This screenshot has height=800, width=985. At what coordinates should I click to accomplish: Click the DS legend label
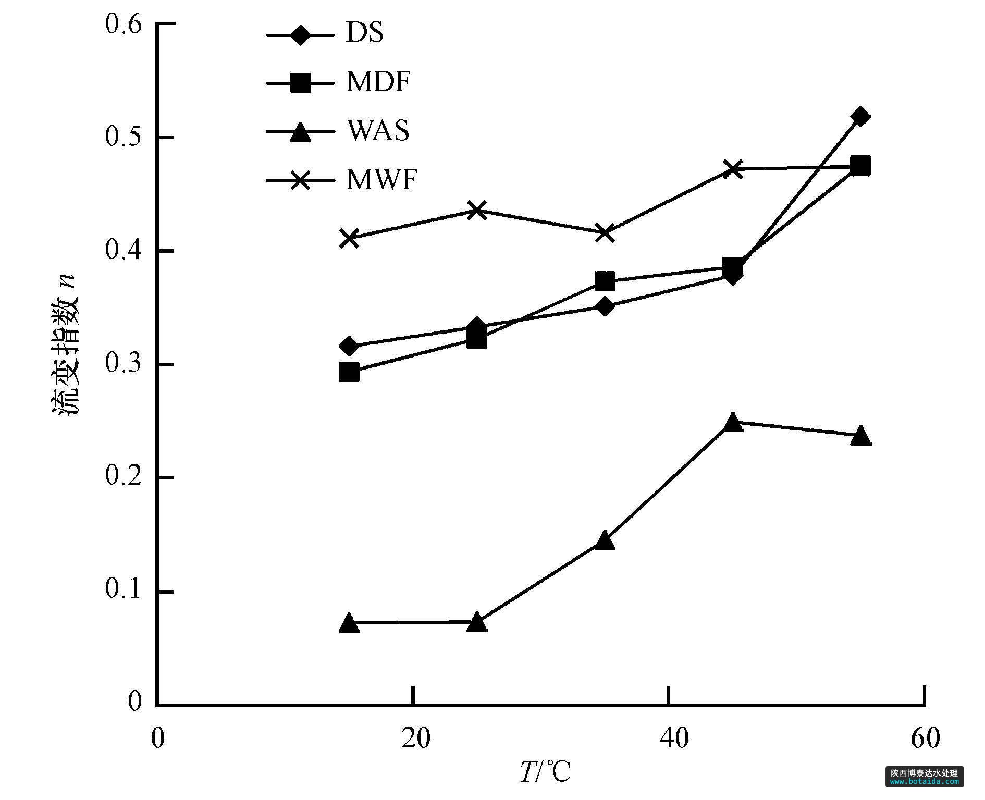364,33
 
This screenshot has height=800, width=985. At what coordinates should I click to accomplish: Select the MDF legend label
378,82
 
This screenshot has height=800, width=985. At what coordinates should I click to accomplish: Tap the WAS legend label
378,131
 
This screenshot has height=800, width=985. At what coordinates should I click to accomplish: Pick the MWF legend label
381,180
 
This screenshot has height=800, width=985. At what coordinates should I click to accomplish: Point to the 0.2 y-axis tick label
124,478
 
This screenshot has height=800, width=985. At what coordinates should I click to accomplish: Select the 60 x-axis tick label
925,739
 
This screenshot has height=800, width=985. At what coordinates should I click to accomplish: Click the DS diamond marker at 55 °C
860,116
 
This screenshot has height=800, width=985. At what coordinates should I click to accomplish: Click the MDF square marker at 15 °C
349,373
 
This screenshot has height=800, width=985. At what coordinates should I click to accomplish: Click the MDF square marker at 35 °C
605,282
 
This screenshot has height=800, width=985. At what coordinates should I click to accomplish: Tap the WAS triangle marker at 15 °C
349,623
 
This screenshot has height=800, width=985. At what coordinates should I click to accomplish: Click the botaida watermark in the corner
924,777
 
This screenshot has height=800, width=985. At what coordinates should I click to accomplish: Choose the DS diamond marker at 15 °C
349,346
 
